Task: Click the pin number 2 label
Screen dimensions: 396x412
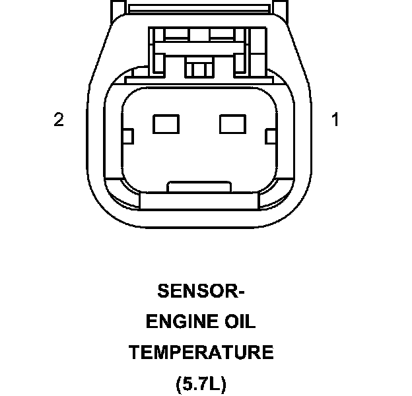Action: pyautogui.click(x=59, y=119)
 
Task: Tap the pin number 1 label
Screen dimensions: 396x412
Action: pyautogui.click(x=335, y=119)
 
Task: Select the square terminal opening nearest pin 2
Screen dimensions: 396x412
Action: pyautogui.click(x=162, y=123)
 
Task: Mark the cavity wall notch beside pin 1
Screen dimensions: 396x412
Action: pyautogui.click(x=269, y=137)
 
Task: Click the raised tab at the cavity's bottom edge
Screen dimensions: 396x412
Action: pyautogui.click(x=198, y=187)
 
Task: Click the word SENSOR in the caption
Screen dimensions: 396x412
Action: pyautogui.click(x=194, y=291)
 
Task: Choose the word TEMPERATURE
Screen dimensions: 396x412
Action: pyautogui.click(x=201, y=352)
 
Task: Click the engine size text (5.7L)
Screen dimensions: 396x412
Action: pyautogui.click(x=201, y=383)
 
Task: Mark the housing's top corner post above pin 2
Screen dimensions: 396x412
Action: pyautogui.click(x=116, y=8)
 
